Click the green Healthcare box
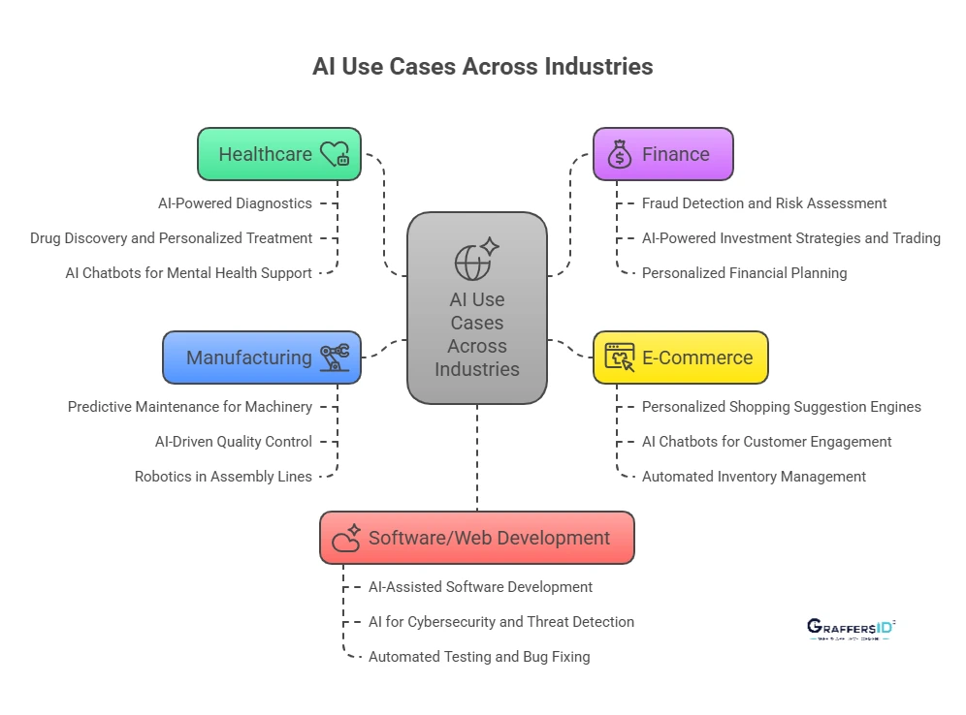tap(278, 154)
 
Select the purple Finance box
tap(662, 154)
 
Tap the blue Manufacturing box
tap(261, 357)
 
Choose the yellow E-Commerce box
tap(680, 357)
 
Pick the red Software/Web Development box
tap(476, 538)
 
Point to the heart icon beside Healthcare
tap(335, 154)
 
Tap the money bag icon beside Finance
tap(619, 154)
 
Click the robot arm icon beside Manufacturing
tap(335, 357)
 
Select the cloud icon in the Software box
tap(346, 538)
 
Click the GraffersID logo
tap(851, 628)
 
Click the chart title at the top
tap(482, 67)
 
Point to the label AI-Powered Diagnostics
tap(235, 203)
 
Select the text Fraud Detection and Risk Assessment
tap(764, 203)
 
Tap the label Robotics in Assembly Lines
tap(223, 477)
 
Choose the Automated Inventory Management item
tap(754, 477)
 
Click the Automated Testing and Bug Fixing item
tap(479, 657)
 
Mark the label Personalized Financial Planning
tap(744, 273)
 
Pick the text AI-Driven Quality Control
tap(234, 442)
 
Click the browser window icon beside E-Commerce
tap(620, 357)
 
